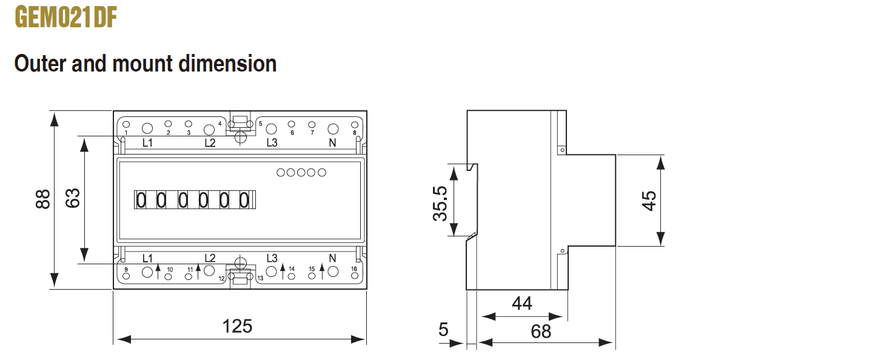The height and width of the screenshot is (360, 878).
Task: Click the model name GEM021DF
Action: pyautogui.click(x=66, y=18)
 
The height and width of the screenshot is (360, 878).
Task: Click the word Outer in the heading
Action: pyautogui.click(x=40, y=64)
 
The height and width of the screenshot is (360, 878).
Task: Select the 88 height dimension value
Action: pyautogui.click(x=42, y=199)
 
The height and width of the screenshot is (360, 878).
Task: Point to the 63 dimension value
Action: pyautogui.click(x=73, y=198)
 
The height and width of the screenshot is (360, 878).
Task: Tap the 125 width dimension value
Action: pyautogui.click(x=237, y=326)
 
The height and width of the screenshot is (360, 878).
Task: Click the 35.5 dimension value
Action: pyautogui.click(x=440, y=204)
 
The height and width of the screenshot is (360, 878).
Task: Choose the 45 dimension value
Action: pyautogui.click(x=649, y=201)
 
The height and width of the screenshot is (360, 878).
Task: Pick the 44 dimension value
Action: pyautogui.click(x=522, y=303)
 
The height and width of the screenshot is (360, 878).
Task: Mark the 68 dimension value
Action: pyautogui.click(x=541, y=332)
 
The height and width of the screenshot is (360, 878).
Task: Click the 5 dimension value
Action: pyautogui.click(x=443, y=330)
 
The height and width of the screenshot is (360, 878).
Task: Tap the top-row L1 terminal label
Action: pyautogui.click(x=147, y=142)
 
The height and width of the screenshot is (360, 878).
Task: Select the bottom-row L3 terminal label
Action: pyautogui.click(x=272, y=258)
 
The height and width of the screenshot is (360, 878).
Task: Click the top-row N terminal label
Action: pyautogui.click(x=332, y=143)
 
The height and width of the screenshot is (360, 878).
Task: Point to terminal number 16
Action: pyautogui.click(x=354, y=269)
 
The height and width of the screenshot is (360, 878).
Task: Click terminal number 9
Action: pyautogui.click(x=126, y=270)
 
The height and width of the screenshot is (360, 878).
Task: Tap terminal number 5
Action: pyautogui.click(x=260, y=124)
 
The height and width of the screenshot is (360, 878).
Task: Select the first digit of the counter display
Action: pyautogui.click(x=141, y=200)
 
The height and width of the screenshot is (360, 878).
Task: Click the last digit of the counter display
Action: pyautogui.click(x=244, y=200)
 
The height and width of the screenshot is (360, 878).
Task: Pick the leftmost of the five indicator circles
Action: pyautogui.click(x=281, y=172)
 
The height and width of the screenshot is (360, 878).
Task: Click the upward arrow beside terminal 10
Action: pyautogui.click(x=158, y=271)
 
